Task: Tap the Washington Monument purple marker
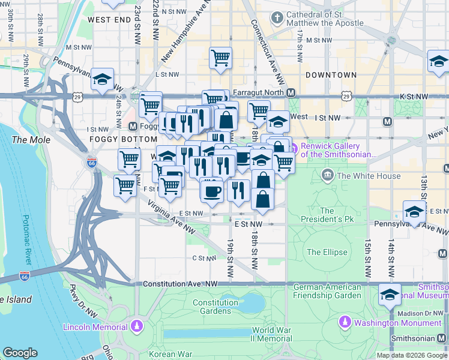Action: [x=345, y=323]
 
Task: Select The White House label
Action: [x=369, y=176]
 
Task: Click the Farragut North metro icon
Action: [x=291, y=92]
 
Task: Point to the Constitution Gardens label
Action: [x=215, y=307]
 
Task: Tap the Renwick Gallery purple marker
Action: [x=294, y=146]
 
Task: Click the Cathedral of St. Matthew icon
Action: [x=276, y=18]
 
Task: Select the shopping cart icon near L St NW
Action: [x=220, y=58]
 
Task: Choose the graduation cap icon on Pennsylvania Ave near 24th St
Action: [x=103, y=79]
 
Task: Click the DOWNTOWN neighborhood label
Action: [x=331, y=75]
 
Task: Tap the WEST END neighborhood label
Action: [x=109, y=19]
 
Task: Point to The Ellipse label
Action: [x=327, y=253]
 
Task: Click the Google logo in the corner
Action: [x=20, y=352]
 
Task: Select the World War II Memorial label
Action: [x=271, y=334]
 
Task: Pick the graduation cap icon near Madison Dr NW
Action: [x=390, y=295]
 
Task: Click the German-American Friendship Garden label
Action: [x=327, y=290]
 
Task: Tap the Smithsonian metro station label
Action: [x=419, y=338]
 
